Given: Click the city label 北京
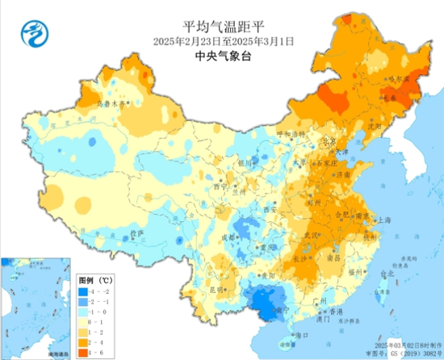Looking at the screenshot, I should tap(329, 140).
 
